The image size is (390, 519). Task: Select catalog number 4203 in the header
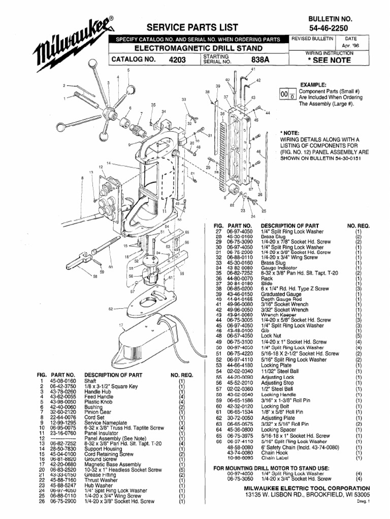point(178,60)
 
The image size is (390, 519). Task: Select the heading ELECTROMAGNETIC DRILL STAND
point(199,48)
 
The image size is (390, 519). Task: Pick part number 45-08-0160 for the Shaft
point(63,381)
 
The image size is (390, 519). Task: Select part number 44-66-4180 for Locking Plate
point(240,365)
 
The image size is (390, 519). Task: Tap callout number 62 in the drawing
point(110,308)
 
